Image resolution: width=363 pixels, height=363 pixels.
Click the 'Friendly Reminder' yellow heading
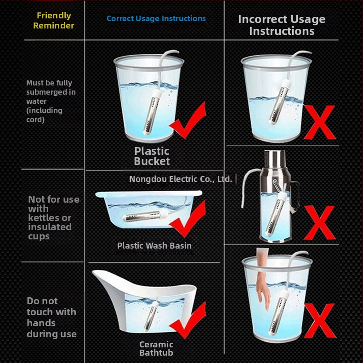click(x=54, y=20)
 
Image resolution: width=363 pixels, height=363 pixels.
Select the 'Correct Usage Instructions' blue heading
click(x=156, y=18)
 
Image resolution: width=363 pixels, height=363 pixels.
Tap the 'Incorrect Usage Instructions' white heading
click(x=282, y=25)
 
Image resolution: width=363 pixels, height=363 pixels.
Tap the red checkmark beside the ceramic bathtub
click(x=188, y=321)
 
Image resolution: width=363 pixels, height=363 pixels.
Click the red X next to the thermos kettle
click(x=319, y=223)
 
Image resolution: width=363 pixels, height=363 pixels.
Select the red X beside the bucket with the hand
click(x=320, y=321)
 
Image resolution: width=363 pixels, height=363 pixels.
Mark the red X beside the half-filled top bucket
click(x=320, y=122)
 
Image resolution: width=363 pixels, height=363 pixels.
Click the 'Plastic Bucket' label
click(x=152, y=156)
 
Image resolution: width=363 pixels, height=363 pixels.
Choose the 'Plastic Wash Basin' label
click(x=154, y=246)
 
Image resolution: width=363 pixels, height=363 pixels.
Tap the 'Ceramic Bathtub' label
click(x=156, y=349)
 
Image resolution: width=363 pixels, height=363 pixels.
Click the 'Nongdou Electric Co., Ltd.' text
click(x=181, y=179)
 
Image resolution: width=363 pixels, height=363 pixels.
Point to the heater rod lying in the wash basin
click(x=145, y=216)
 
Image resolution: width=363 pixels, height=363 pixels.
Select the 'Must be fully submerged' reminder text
click(x=51, y=101)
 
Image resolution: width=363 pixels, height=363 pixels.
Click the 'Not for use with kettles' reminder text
click(x=54, y=218)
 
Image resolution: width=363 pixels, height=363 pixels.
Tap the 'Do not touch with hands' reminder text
click(x=51, y=318)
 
